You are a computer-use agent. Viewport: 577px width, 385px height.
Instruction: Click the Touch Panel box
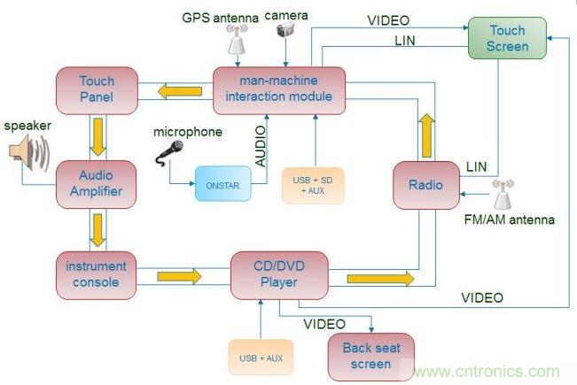click(x=97, y=89)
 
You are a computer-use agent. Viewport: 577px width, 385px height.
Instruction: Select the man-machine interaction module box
click(x=278, y=89)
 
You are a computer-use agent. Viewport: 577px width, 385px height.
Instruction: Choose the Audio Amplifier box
click(x=97, y=183)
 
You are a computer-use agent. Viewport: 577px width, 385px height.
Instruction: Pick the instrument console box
click(x=97, y=274)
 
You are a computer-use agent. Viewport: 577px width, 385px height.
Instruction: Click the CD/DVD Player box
click(x=278, y=275)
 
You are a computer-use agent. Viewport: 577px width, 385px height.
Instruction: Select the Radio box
click(x=426, y=186)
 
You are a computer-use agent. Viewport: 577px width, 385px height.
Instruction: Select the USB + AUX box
click(x=261, y=358)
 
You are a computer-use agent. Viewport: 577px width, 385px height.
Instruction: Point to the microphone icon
click(x=169, y=153)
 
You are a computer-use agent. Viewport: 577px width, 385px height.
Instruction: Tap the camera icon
click(x=285, y=30)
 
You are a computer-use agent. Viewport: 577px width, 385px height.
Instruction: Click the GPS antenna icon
click(x=237, y=38)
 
